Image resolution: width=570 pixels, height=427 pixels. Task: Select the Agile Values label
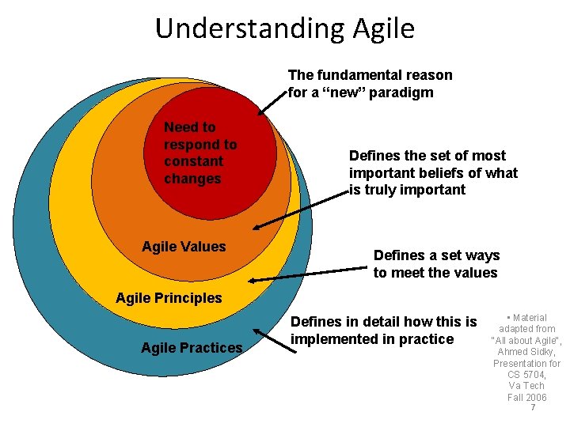coord(184,247)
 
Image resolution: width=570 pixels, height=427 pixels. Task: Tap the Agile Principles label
coord(169,298)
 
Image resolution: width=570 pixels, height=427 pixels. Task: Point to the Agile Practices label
coord(192,348)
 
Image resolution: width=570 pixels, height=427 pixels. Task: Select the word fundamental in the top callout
coord(363,75)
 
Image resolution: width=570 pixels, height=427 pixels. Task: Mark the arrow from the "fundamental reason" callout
coord(273,102)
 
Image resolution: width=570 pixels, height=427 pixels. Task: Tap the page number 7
coord(533,408)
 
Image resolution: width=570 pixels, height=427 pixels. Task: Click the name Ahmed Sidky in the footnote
coord(526,352)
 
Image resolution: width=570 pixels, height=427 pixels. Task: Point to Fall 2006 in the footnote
coord(526,397)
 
